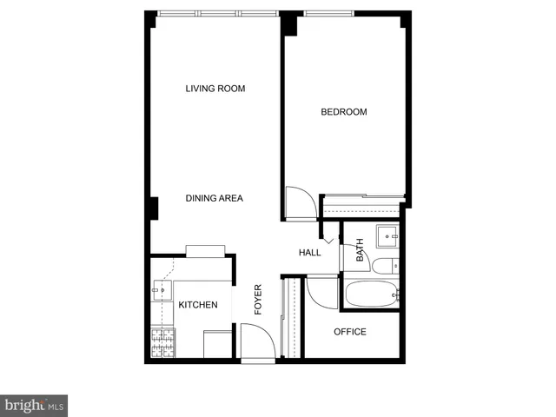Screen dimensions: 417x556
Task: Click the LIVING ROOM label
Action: pos(215,89)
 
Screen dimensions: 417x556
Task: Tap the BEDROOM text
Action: pos(344,112)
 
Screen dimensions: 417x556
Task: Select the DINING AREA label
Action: pos(214,199)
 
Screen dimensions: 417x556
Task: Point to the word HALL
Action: pos(310,253)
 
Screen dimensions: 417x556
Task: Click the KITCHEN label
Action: pos(198,305)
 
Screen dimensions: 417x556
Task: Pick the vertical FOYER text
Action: pos(257,300)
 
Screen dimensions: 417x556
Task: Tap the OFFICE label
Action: pos(350,332)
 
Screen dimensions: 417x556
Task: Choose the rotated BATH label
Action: pos(360,252)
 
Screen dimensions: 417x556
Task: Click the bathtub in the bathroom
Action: pos(372,294)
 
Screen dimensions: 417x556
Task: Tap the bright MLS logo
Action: pos(35,405)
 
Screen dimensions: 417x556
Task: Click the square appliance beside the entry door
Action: pos(216,343)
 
